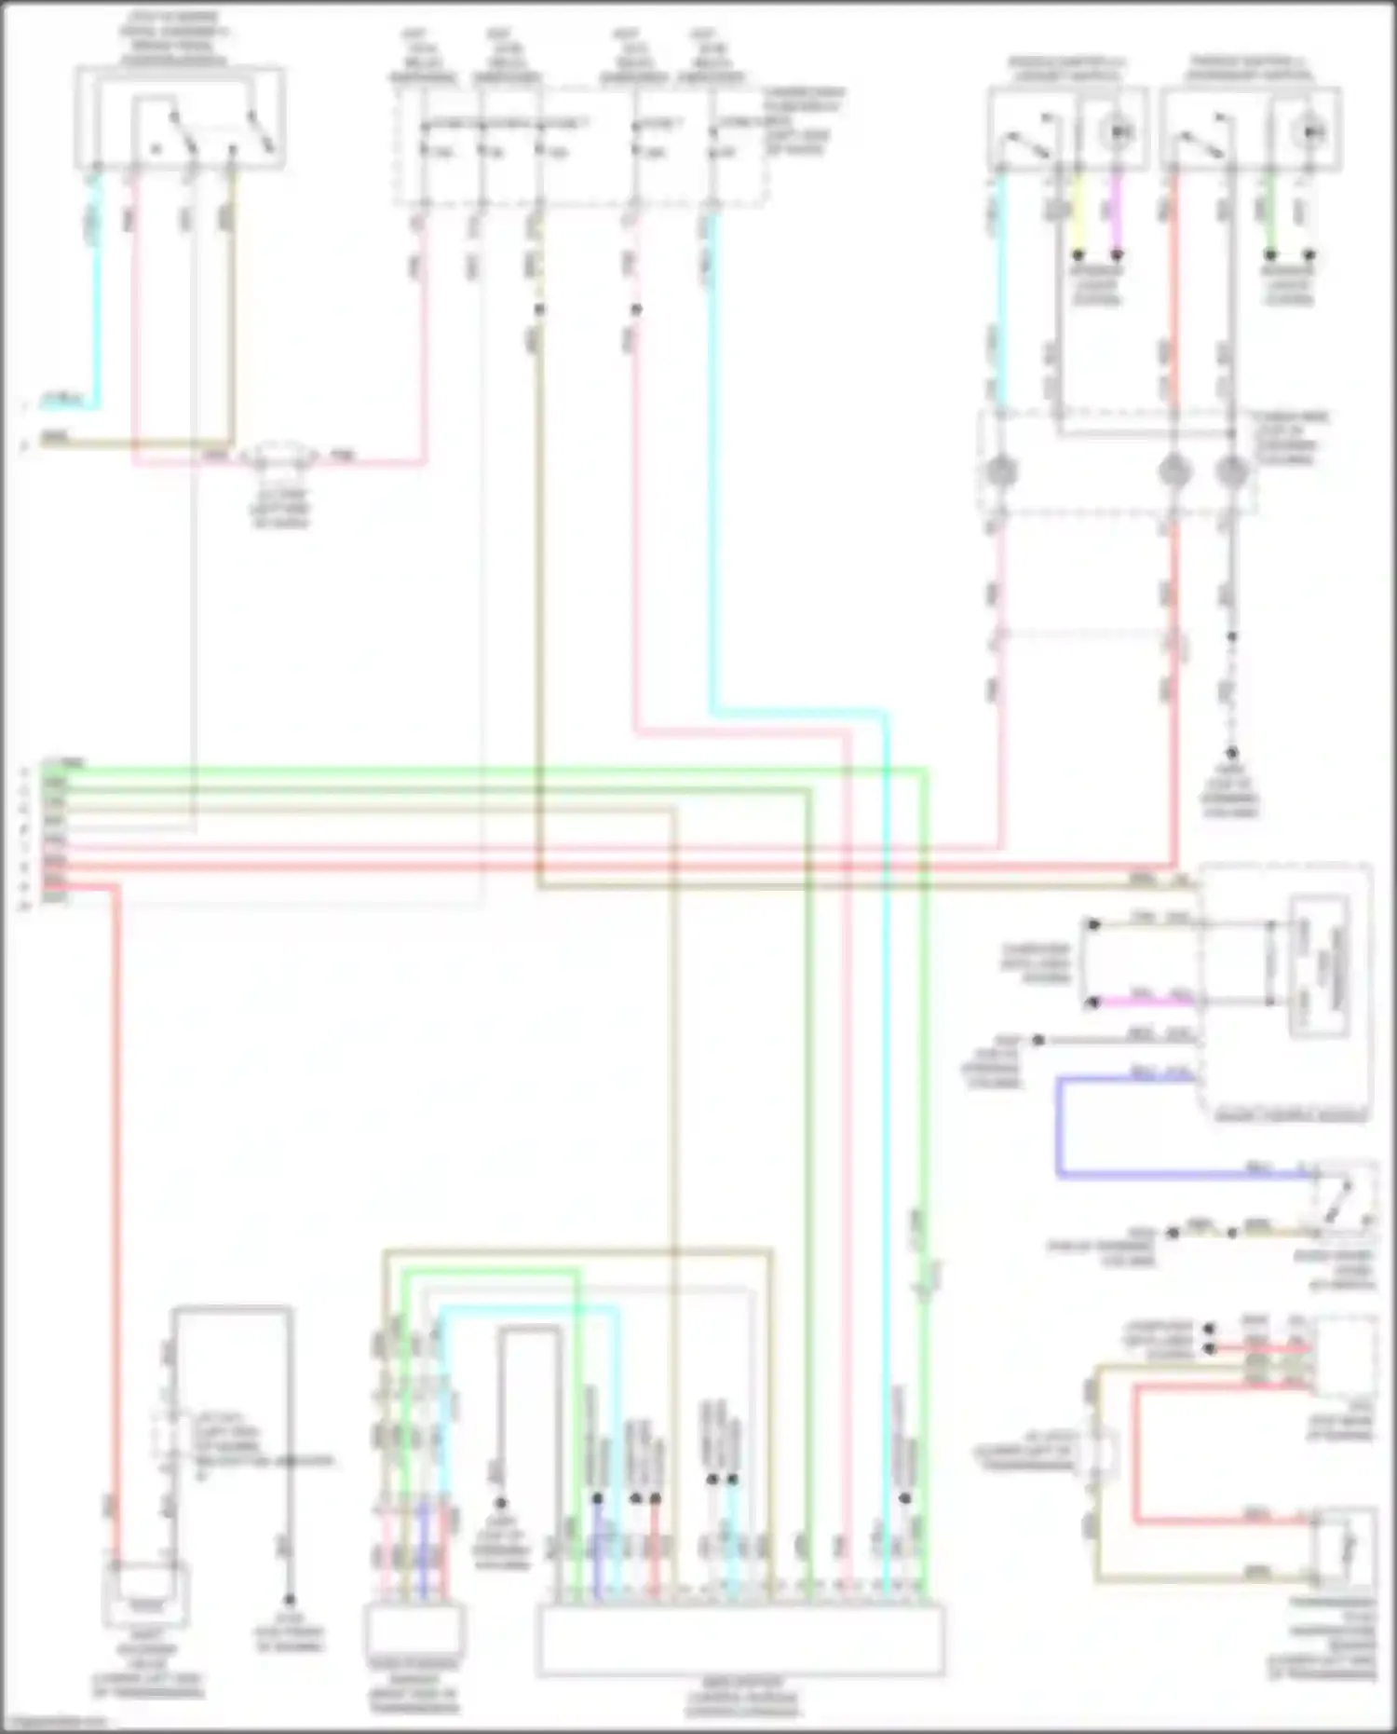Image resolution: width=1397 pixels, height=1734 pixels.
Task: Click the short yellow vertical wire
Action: [x=1078, y=214]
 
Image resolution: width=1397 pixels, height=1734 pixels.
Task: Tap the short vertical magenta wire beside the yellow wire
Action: [x=1116, y=214]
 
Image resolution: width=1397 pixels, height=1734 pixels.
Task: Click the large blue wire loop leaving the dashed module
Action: [x=1060, y=1127]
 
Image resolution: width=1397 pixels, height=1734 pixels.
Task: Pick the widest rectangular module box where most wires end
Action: [x=741, y=1639]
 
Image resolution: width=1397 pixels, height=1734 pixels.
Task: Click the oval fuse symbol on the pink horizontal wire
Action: [x=280, y=457]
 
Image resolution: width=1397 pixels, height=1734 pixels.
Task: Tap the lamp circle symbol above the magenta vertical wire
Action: [x=1117, y=133]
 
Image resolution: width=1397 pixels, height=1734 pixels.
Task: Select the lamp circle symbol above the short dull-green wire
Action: [x=1309, y=133]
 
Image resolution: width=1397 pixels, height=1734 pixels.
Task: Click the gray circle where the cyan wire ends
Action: [x=1001, y=471]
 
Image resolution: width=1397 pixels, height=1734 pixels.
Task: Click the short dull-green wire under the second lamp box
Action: [x=1270, y=214]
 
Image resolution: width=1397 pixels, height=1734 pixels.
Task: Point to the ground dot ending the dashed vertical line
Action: [x=1231, y=753]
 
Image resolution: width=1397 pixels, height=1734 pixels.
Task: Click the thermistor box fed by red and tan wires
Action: [x=1342, y=1547]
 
